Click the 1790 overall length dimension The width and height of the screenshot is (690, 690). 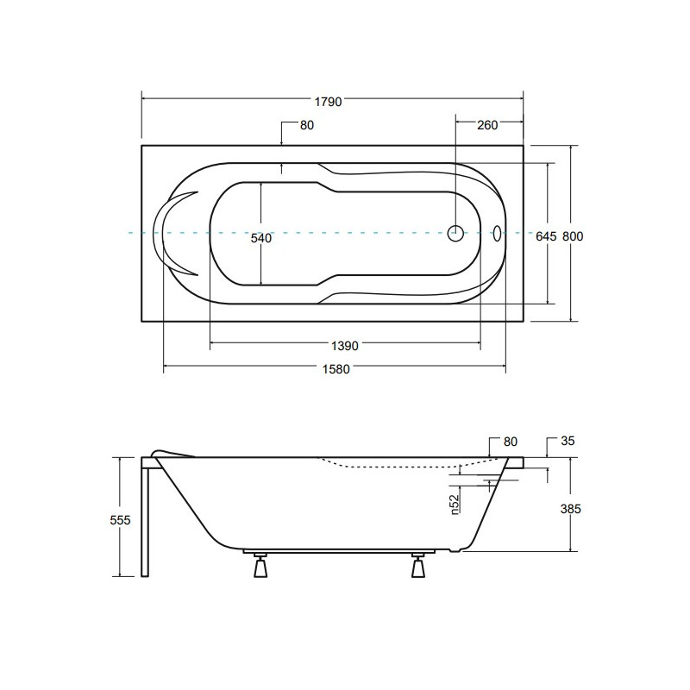pos(328,102)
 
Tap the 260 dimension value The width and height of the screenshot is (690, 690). pos(487,125)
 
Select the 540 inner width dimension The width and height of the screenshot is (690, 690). pos(261,238)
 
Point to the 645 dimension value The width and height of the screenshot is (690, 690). pos(546,236)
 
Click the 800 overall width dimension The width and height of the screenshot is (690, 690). pos(573,236)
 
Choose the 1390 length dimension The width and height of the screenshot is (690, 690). pos(344,346)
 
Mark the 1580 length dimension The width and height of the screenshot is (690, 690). pos(336,369)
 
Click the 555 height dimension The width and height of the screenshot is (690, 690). pos(120,520)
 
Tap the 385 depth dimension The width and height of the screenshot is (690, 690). pos(570,509)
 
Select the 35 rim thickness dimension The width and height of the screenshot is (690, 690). pos(568,441)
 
